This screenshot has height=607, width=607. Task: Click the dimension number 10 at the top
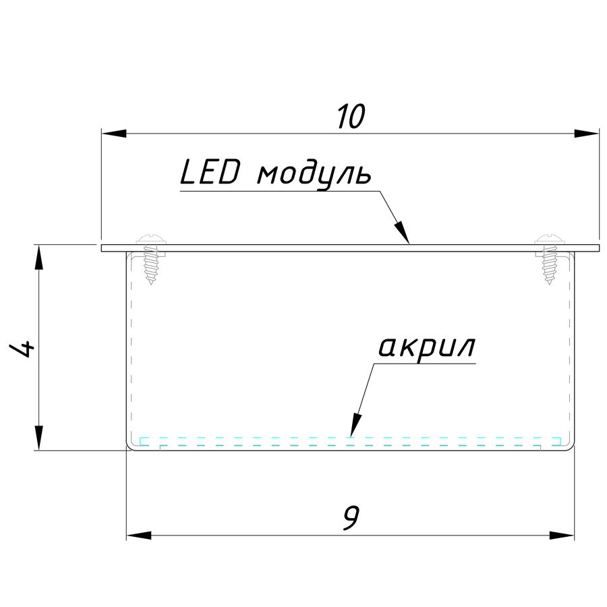pyautogui.click(x=351, y=117)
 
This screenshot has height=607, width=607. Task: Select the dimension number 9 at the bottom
pyautogui.click(x=350, y=518)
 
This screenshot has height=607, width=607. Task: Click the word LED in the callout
pyautogui.click(x=210, y=174)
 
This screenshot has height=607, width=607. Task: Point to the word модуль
pyautogui.click(x=314, y=175)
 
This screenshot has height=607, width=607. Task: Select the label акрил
pyautogui.click(x=426, y=348)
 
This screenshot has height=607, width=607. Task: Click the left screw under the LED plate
pyautogui.click(x=150, y=260)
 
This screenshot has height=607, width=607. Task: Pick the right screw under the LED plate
pyautogui.click(x=550, y=260)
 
